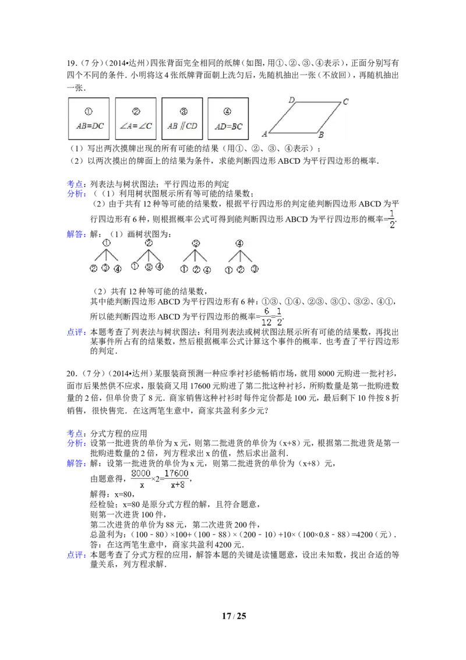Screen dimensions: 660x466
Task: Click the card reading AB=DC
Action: coord(89,118)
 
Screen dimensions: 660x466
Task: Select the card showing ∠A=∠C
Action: coord(136,118)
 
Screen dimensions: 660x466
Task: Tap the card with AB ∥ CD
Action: coord(182,118)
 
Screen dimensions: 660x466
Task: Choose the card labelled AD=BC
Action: coord(228,118)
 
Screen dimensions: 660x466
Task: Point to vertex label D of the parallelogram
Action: coord(292,100)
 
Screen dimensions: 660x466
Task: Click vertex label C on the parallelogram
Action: coord(345,102)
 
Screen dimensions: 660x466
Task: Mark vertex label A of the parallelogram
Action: coord(264,134)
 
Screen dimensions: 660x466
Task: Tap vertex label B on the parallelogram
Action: coord(321,135)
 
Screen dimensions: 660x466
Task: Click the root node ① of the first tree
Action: coord(106,243)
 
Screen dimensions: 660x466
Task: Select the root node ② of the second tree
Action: coord(149,243)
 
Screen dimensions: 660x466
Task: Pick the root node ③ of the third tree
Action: coord(196,243)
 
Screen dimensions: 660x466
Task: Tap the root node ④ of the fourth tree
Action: coord(239,243)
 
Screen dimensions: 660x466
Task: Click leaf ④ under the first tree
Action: coord(118,269)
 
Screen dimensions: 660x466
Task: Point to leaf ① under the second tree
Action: coord(135,267)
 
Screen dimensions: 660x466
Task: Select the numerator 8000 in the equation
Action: coord(142,473)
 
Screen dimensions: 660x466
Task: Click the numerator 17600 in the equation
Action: coord(176,473)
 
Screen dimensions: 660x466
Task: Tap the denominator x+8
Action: coord(176,485)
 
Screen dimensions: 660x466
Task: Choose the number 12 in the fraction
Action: coord(266,322)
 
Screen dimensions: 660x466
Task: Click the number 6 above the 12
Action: coord(267,311)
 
